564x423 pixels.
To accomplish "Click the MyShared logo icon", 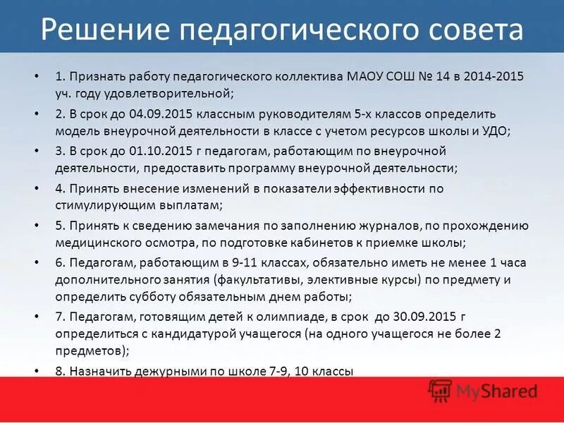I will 440,390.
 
